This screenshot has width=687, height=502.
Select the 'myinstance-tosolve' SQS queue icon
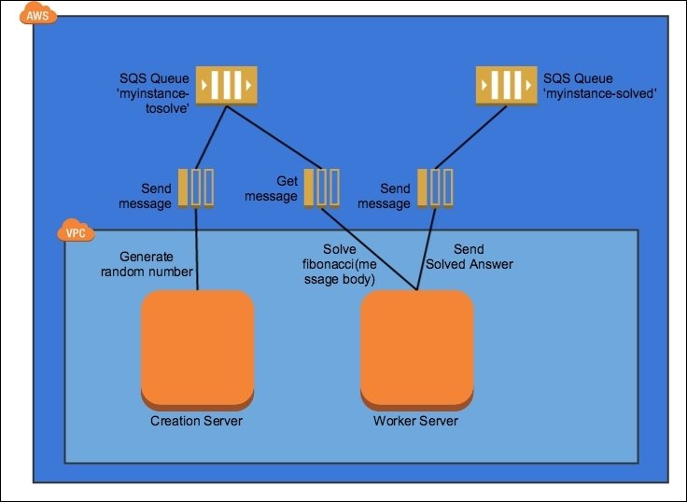click(225, 88)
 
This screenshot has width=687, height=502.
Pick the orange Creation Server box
click(197, 348)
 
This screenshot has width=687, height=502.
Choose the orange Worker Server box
click(416, 348)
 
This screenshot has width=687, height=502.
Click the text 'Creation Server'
click(196, 421)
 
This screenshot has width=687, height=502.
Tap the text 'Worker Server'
click(415, 421)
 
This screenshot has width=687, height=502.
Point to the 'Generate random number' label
click(157, 264)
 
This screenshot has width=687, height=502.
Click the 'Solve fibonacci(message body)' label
click(332, 264)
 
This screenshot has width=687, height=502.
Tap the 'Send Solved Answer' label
click(470, 257)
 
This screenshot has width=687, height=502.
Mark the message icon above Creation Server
click(197, 187)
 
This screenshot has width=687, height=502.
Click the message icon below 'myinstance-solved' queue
click(435, 187)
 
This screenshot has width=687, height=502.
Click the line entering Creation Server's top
click(197, 252)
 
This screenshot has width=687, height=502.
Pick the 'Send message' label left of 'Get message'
click(146, 196)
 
